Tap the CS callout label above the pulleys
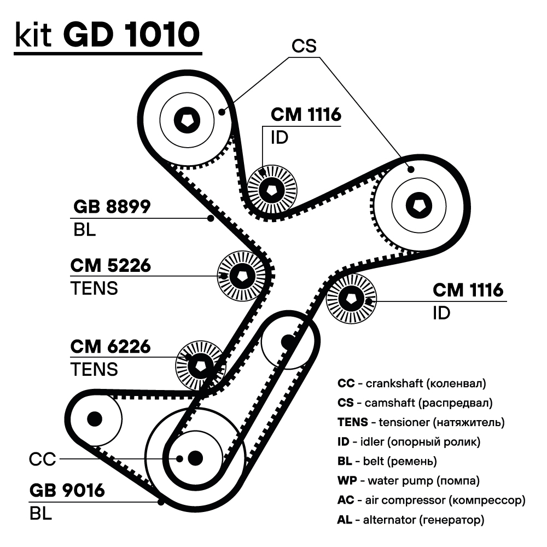click(x=304, y=46)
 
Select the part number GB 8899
click(x=112, y=207)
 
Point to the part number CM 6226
click(x=110, y=347)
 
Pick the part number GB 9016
click(x=67, y=490)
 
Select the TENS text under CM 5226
click(x=94, y=288)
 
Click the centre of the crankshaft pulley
click(x=194, y=457)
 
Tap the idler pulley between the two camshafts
click(x=272, y=190)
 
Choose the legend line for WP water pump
click(x=409, y=481)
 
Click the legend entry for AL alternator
click(x=411, y=520)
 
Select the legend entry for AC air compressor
click(x=431, y=500)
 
